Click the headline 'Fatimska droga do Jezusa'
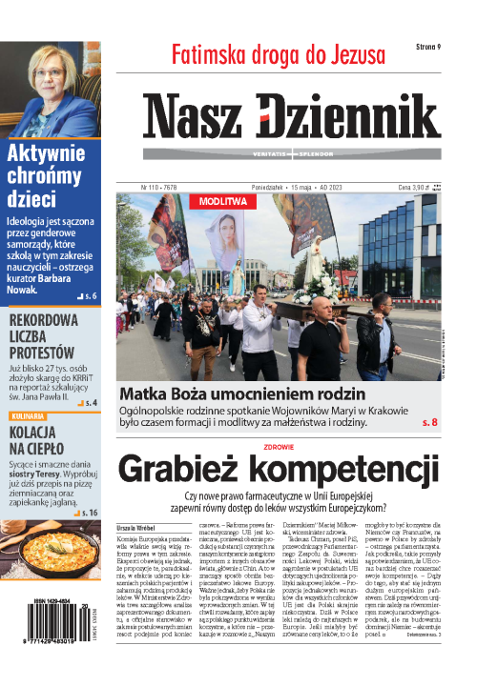pyautogui.click(x=278, y=54)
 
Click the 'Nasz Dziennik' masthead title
pyautogui.click(x=292, y=120)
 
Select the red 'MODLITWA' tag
pyautogui.click(x=223, y=202)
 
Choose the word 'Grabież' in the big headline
pyautogui.click(x=187, y=471)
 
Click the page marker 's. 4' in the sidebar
pyautogui.click(x=91, y=403)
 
